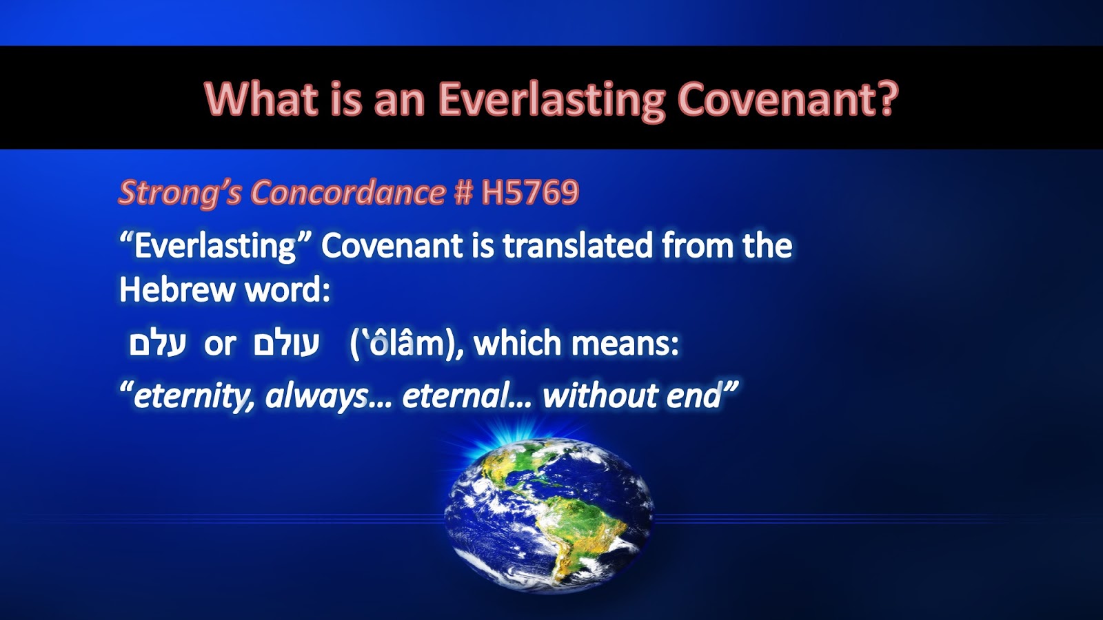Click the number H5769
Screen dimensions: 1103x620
coord(530,192)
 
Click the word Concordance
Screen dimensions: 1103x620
coord(349,192)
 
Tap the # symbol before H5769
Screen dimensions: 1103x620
coord(463,192)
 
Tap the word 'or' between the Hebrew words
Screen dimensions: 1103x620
coord(220,345)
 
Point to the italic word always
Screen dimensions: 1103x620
coord(316,395)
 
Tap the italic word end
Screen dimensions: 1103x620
coord(694,395)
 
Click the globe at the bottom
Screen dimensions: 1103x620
coord(549,514)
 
